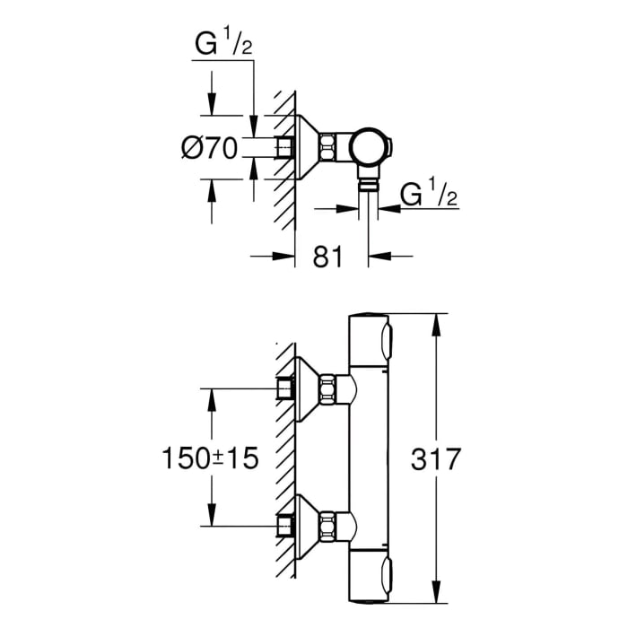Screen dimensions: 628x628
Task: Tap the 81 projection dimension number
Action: pos(328,257)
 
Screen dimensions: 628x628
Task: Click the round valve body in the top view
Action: pos(368,145)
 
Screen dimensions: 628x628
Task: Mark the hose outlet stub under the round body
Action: pos(368,183)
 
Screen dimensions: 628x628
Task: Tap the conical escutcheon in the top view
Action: pos(308,145)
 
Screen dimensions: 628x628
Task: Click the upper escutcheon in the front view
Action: pos(308,388)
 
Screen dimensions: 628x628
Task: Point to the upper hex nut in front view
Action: pos(331,388)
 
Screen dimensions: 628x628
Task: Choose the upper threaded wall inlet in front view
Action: pos(284,388)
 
